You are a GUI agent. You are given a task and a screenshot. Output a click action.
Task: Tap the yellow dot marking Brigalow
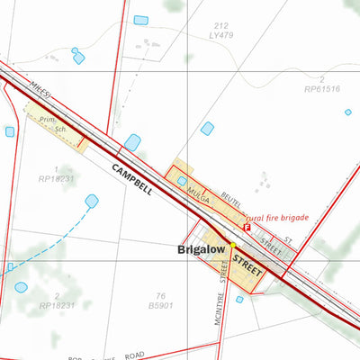coord(232,244)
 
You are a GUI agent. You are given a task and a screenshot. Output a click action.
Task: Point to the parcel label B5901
coord(159,306)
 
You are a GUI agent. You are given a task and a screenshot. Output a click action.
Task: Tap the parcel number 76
coord(160,296)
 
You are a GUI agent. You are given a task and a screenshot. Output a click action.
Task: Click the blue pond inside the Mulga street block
coord(183,180)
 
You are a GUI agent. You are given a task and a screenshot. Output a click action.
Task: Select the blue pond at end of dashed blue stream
coord(92,201)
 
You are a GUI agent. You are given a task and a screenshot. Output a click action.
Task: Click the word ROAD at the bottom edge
coord(133,355)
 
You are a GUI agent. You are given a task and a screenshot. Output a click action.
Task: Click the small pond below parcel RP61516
coord(348,112)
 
